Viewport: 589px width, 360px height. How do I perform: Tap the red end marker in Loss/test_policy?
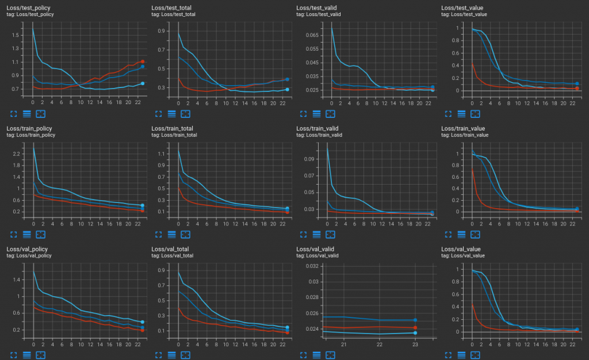pyautogui.click(x=142, y=62)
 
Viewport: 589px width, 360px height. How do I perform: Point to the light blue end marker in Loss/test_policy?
pyautogui.click(x=142, y=83)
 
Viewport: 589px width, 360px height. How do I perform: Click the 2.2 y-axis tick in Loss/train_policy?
pyautogui.click(x=16, y=155)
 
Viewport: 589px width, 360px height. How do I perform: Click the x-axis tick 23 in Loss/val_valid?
pyautogui.click(x=415, y=344)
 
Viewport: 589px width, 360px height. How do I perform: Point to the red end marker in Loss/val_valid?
pyautogui.click(x=415, y=328)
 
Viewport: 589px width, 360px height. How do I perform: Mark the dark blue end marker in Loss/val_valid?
pyautogui.click(x=415, y=320)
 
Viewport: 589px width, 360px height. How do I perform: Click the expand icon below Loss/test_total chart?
pyautogui.click(x=158, y=113)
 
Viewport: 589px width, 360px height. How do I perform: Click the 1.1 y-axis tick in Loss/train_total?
pyautogui.click(x=160, y=155)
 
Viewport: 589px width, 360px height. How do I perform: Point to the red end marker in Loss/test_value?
pyautogui.click(x=577, y=89)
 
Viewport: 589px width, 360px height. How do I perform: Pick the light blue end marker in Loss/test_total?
pyautogui.click(x=287, y=89)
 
